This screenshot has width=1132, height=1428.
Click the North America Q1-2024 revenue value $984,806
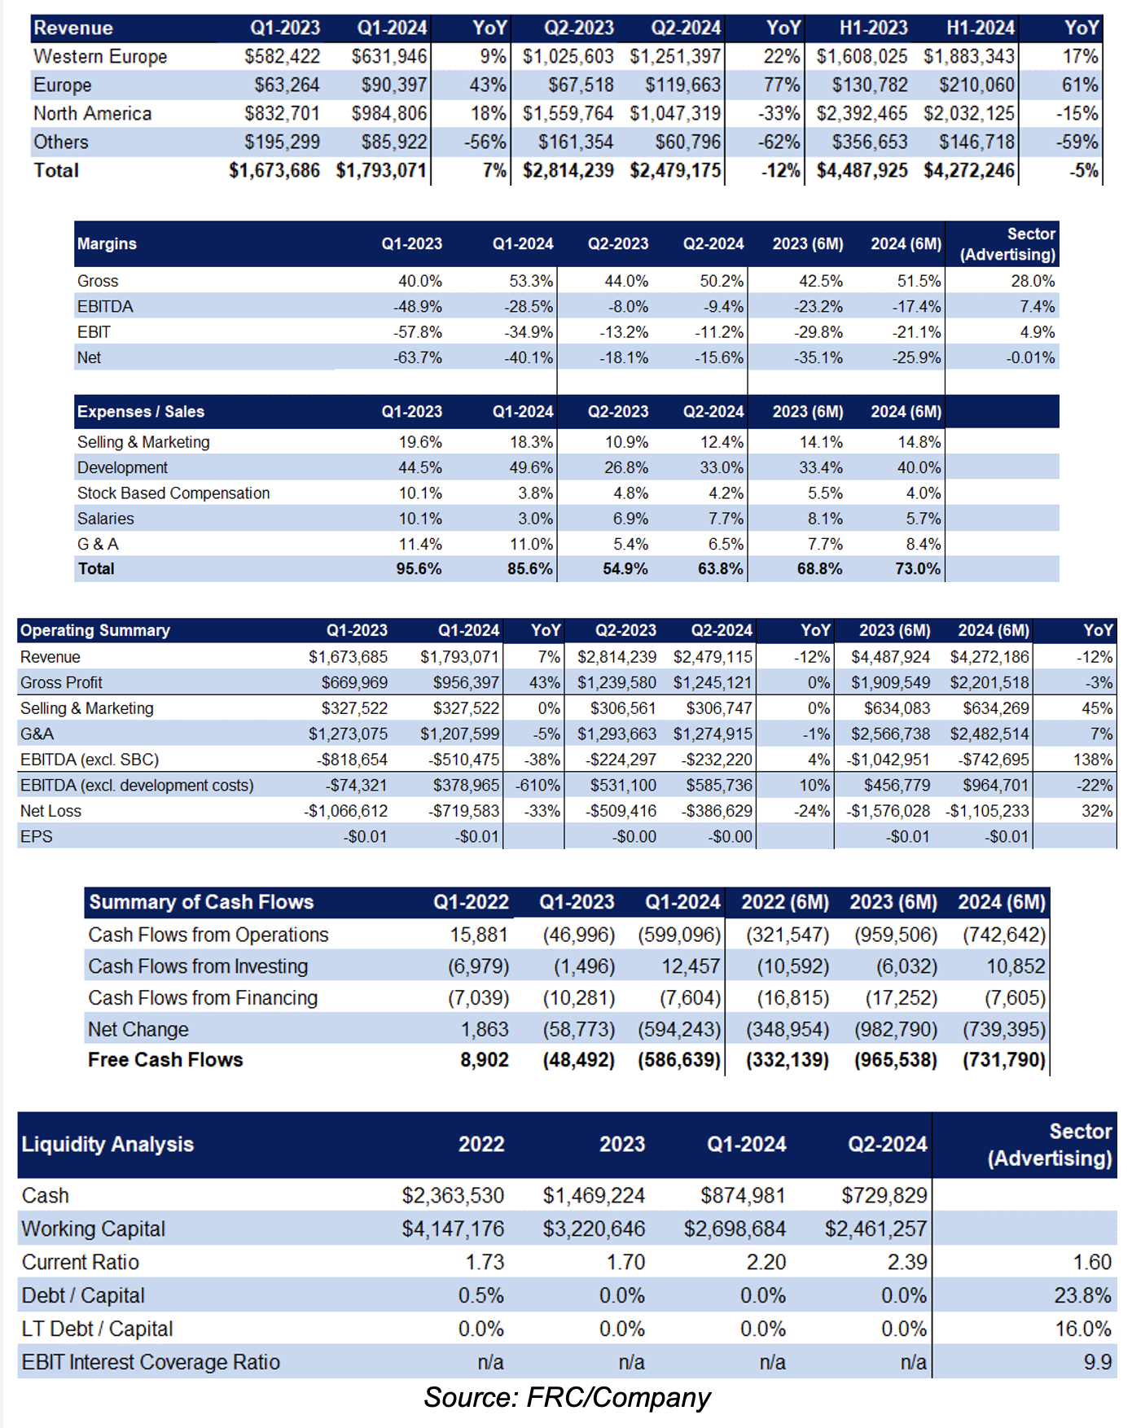(389, 114)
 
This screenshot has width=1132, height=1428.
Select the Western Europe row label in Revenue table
(100, 57)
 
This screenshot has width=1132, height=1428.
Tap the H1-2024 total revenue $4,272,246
(969, 171)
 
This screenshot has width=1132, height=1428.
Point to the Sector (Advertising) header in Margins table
(1007, 244)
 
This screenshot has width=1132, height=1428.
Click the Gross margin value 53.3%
(531, 281)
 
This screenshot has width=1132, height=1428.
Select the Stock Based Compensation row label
(173, 493)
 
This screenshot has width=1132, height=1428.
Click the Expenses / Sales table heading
(141, 412)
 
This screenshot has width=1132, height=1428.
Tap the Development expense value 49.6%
(531, 468)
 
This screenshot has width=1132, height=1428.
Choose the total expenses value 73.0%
(918, 569)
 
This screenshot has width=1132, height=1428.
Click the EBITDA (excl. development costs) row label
(137, 786)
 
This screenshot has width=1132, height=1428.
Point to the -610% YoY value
(537, 786)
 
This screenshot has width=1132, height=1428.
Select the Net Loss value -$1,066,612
(346, 812)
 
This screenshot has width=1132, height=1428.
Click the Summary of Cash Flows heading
(201, 902)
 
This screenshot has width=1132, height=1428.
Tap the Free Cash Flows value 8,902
(485, 1060)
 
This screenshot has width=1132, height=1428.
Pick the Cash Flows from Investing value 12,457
(691, 966)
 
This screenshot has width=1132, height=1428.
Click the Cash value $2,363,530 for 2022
(453, 1196)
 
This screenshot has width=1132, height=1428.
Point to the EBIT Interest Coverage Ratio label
(151, 1363)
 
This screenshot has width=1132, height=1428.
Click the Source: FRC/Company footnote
(568, 1398)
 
